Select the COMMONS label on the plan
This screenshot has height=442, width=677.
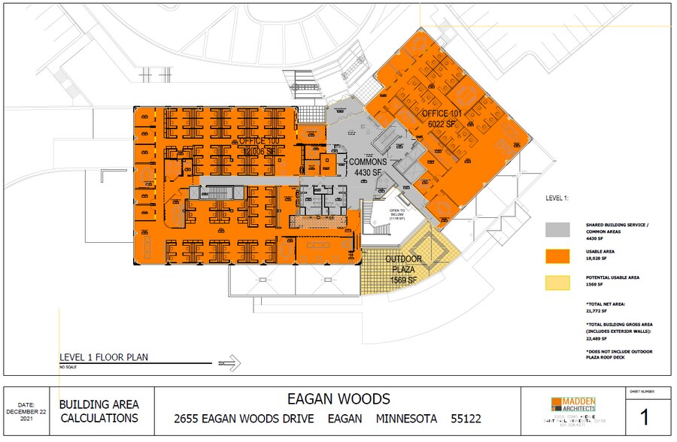click(367, 162)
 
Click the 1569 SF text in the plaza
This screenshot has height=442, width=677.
click(404, 280)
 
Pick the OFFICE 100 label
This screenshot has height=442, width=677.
click(258, 141)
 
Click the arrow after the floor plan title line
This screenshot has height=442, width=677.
click(232, 365)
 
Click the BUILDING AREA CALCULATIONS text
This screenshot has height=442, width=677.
click(99, 411)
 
